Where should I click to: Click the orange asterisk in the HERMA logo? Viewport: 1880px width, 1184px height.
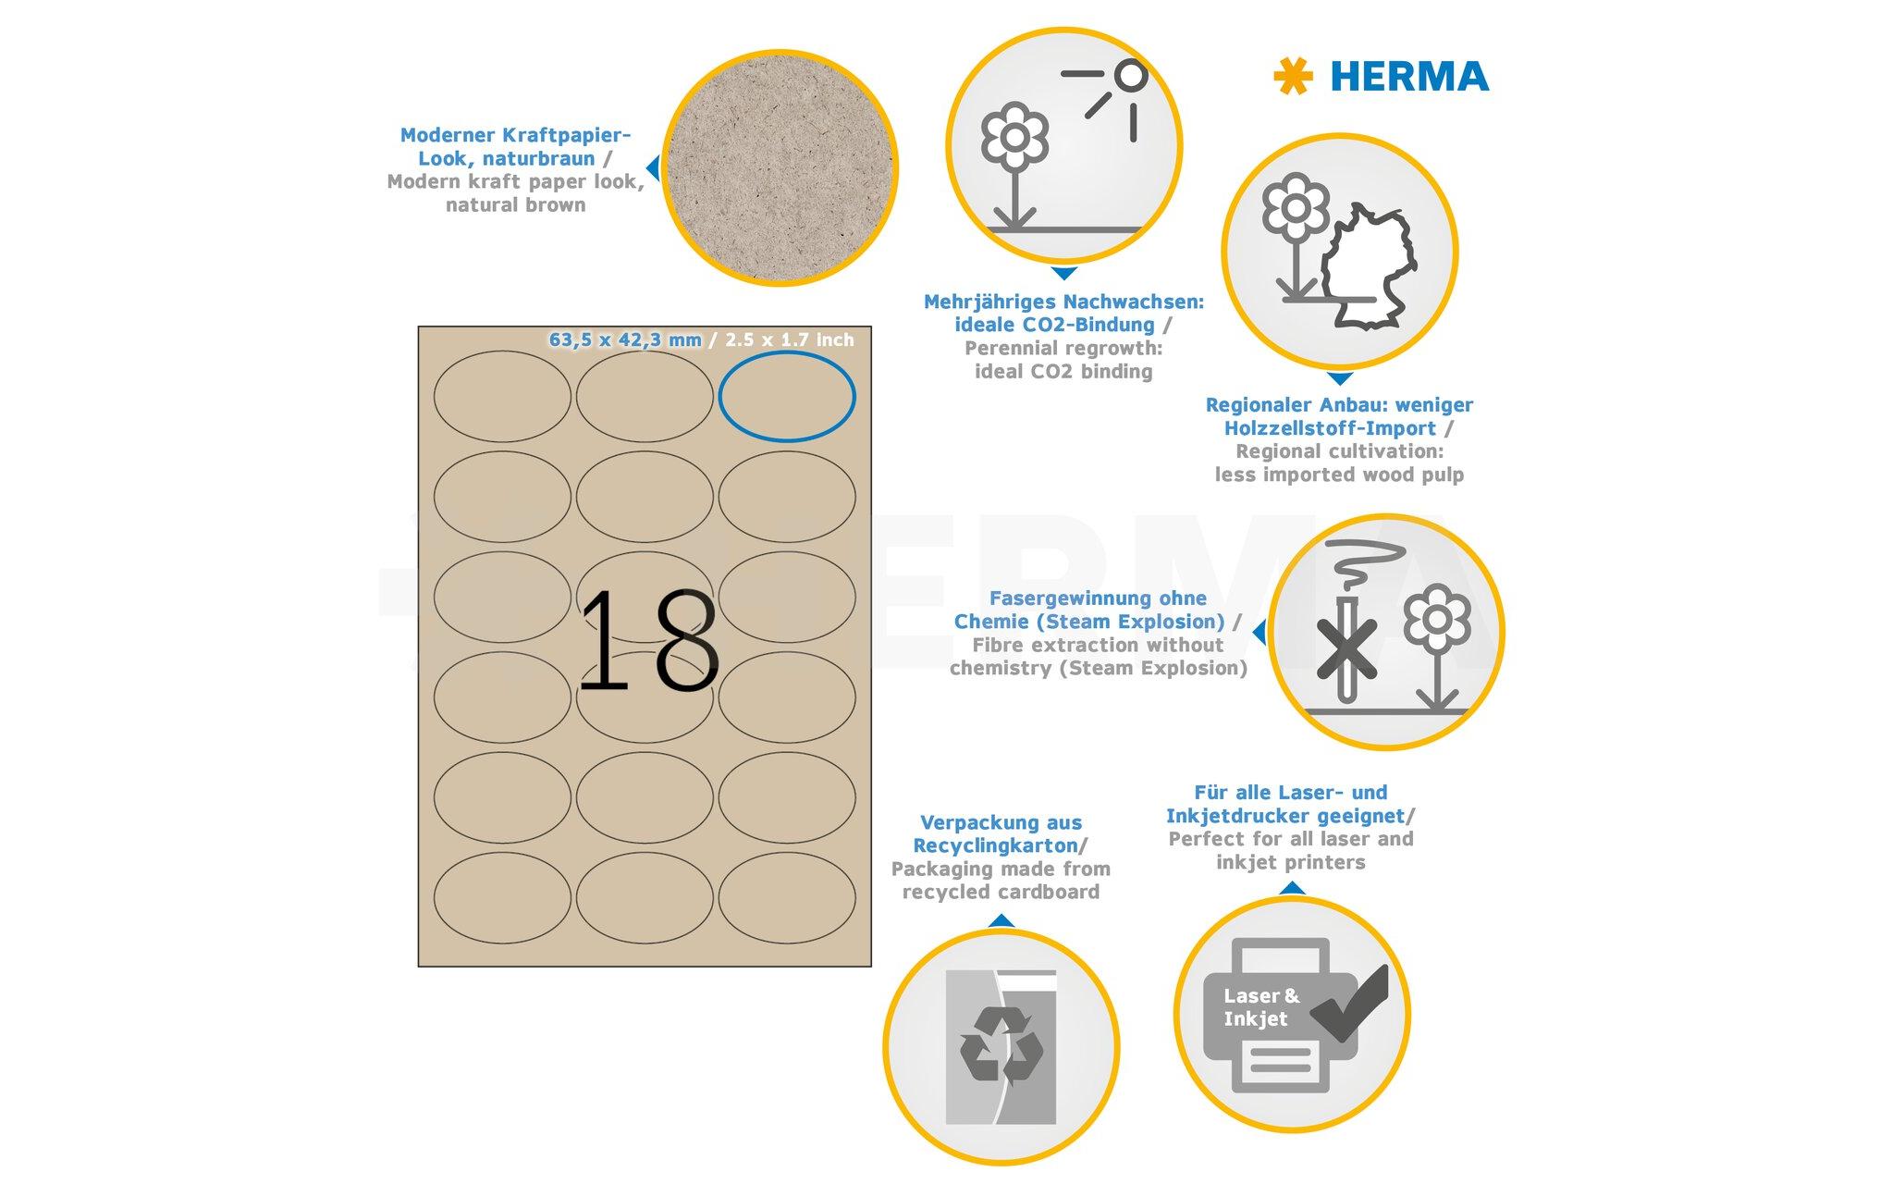[1292, 77]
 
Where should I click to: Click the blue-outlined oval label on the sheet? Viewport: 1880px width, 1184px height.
[786, 396]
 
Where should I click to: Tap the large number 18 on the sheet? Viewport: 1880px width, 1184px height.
[647, 640]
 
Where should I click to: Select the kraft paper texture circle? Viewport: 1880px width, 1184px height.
[780, 168]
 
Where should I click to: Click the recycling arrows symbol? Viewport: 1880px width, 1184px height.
[1001, 1045]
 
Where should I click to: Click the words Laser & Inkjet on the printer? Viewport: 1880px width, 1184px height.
[1260, 1007]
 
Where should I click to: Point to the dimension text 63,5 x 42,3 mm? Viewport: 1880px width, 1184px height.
[625, 339]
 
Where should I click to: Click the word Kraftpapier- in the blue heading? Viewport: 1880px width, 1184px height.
[565, 135]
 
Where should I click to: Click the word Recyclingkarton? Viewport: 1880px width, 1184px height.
[995, 845]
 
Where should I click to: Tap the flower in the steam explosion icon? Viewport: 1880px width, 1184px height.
[1436, 629]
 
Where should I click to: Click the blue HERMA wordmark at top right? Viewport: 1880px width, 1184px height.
[1408, 77]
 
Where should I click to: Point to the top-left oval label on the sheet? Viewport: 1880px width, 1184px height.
[502, 396]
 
